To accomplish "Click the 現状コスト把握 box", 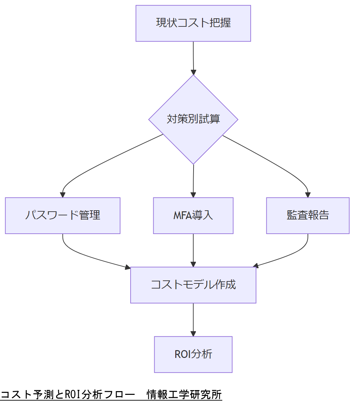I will tap(193, 23).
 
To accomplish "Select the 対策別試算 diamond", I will tap(193, 119).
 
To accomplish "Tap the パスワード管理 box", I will tap(63, 215).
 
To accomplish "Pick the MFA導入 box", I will tap(193, 215).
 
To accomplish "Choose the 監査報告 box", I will tap(308, 215).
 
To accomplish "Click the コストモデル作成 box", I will tap(193, 285).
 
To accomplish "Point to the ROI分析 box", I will tap(193, 354).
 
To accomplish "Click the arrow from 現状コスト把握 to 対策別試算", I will tap(193, 58).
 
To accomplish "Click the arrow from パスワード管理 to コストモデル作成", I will tap(88, 257).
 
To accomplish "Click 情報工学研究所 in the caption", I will tap(184, 395).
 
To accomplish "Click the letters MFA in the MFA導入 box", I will tap(182, 216).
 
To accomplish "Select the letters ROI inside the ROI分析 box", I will tap(182, 355).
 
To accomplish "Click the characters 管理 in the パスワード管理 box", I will tap(89, 215).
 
